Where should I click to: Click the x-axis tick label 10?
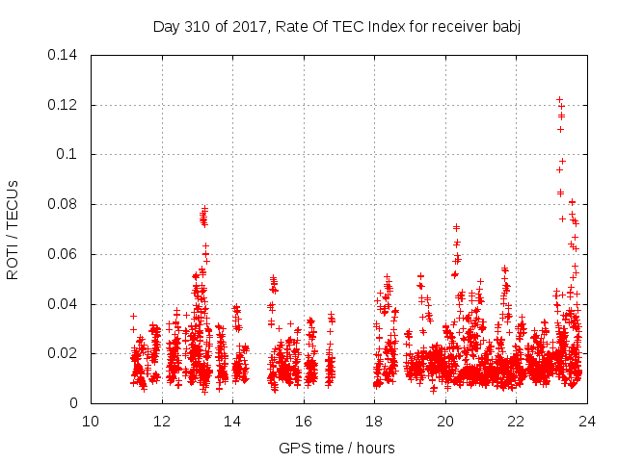click(91, 421)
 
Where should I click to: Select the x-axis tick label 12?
click(162, 421)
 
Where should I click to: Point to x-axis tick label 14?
click(232, 421)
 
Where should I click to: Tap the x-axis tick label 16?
click(304, 421)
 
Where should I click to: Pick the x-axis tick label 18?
click(374, 421)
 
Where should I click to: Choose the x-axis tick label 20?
click(445, 421)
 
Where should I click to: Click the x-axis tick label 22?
click(516, 421)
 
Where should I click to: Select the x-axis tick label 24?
click(587, 421)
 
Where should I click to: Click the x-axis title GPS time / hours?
click(336, 448)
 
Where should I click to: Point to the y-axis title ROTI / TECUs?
click(13, 229)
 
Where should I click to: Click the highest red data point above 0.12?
click(559, 99)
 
